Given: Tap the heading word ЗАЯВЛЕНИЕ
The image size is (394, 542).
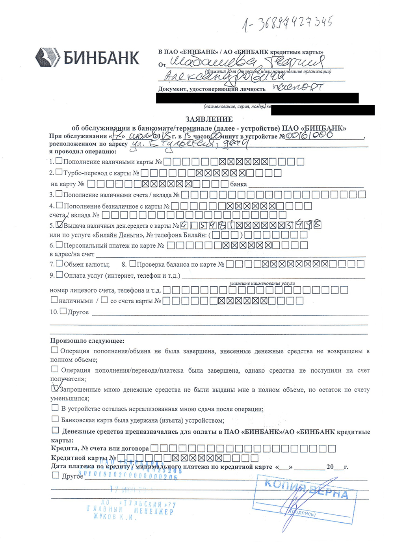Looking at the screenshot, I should pos(209,119).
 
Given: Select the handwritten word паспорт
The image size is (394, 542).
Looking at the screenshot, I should pos(298,87).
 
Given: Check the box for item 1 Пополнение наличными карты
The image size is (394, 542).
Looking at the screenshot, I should pos(59,161).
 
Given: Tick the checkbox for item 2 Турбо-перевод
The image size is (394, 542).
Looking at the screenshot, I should pos(59,172).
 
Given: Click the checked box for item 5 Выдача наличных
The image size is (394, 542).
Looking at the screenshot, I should pos(59,225).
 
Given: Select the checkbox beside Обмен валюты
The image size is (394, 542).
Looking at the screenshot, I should pos(59,264).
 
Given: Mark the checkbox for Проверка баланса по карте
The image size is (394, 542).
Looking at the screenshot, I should pos(133,264).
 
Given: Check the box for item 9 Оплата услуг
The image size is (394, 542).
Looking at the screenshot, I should pos(59,275).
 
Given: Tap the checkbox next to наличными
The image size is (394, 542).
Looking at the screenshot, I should pos(54,300).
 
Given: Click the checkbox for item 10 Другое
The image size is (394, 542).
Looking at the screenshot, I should pos(63,311).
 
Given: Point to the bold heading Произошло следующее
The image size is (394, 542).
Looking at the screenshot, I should pos(87,341).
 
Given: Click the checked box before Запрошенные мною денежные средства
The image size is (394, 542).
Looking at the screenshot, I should pos(55,388).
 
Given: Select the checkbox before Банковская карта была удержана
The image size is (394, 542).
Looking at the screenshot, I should pos(55,419).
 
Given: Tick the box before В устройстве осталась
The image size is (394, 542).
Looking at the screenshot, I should pos(55,408).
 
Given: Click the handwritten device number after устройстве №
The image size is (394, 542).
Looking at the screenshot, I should pos(309,135).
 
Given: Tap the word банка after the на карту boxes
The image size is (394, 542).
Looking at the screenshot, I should pos(239,184).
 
